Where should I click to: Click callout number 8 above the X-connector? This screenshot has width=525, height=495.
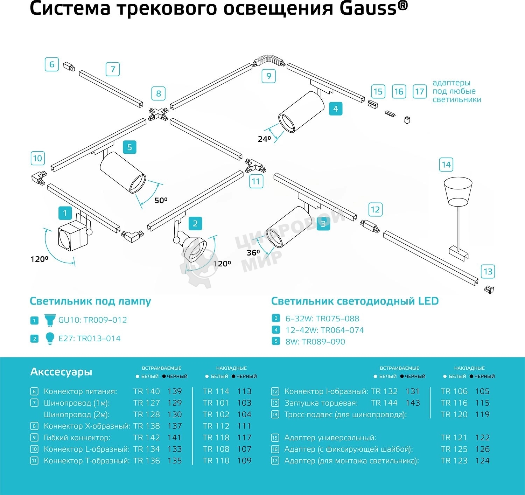pyautogui.click(x=159, y=93)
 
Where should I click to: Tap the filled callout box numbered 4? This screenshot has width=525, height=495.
pyautogui.click(x=335, y=109)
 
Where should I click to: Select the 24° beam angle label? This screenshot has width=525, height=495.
pyautogui.click(x=264, y=139)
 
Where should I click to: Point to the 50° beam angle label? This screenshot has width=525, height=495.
pyautogui.click(x=161, y=200)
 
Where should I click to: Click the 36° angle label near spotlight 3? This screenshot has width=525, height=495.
pyautogui.click(x=253, y=252)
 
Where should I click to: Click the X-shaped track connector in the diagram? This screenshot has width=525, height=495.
pyautogui.click(x=158, y=113)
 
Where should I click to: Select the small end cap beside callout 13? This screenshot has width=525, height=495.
pyautogui.click(x=489, y=290)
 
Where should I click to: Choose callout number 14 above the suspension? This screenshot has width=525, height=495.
pyautogui.click(x=446, y=165)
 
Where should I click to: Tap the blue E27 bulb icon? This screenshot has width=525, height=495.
pyautogui.click(x=50, y=338)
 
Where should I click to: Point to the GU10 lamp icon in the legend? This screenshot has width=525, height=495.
pyautogui.click(x=50, y=320)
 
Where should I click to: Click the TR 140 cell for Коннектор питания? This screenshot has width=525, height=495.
pyautogui.click(x=146, y=391)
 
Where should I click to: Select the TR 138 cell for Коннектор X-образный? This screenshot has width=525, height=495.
pyautogui.click(x=146, y=426)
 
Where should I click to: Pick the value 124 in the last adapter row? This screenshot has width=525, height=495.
pyautogui.click(x=482, y=461)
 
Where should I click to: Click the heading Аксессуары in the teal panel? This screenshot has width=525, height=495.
pyautogui.click(x=61, y=372)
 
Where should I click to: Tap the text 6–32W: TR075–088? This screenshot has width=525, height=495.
pyautogui.click(x=322, y=319)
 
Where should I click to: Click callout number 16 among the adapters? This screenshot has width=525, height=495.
pyautogui.click(x=399, y=92)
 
